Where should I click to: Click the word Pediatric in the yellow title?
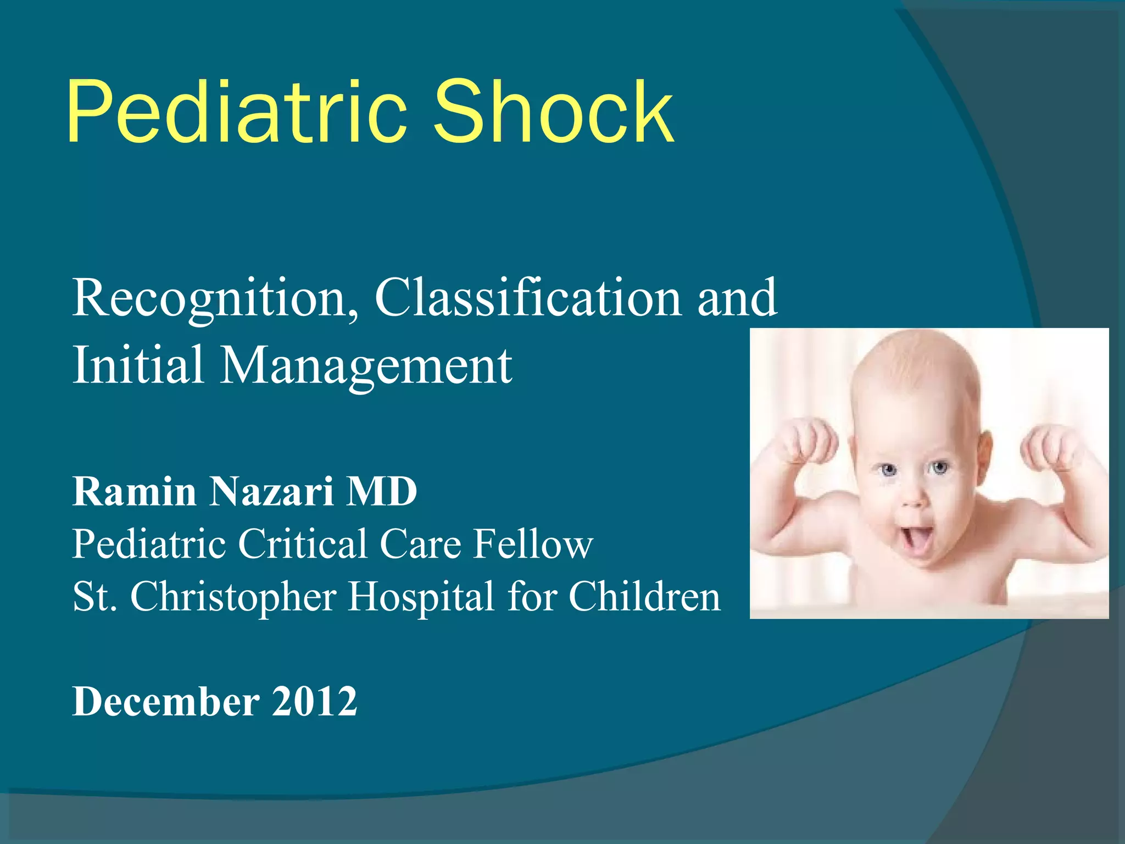tap(236, 113)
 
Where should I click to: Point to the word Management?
tap(366, 365)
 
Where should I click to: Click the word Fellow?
tap(533, 544)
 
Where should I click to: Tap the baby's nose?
tap(914, 498)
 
